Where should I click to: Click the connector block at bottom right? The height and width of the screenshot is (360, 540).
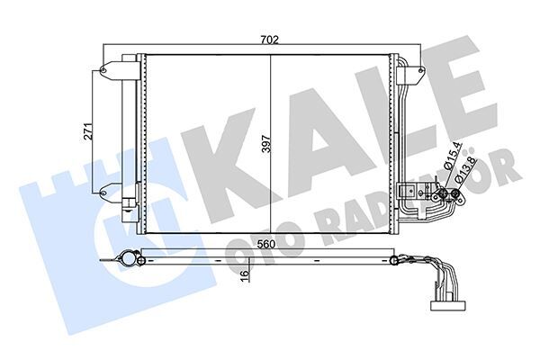[446, 303]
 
